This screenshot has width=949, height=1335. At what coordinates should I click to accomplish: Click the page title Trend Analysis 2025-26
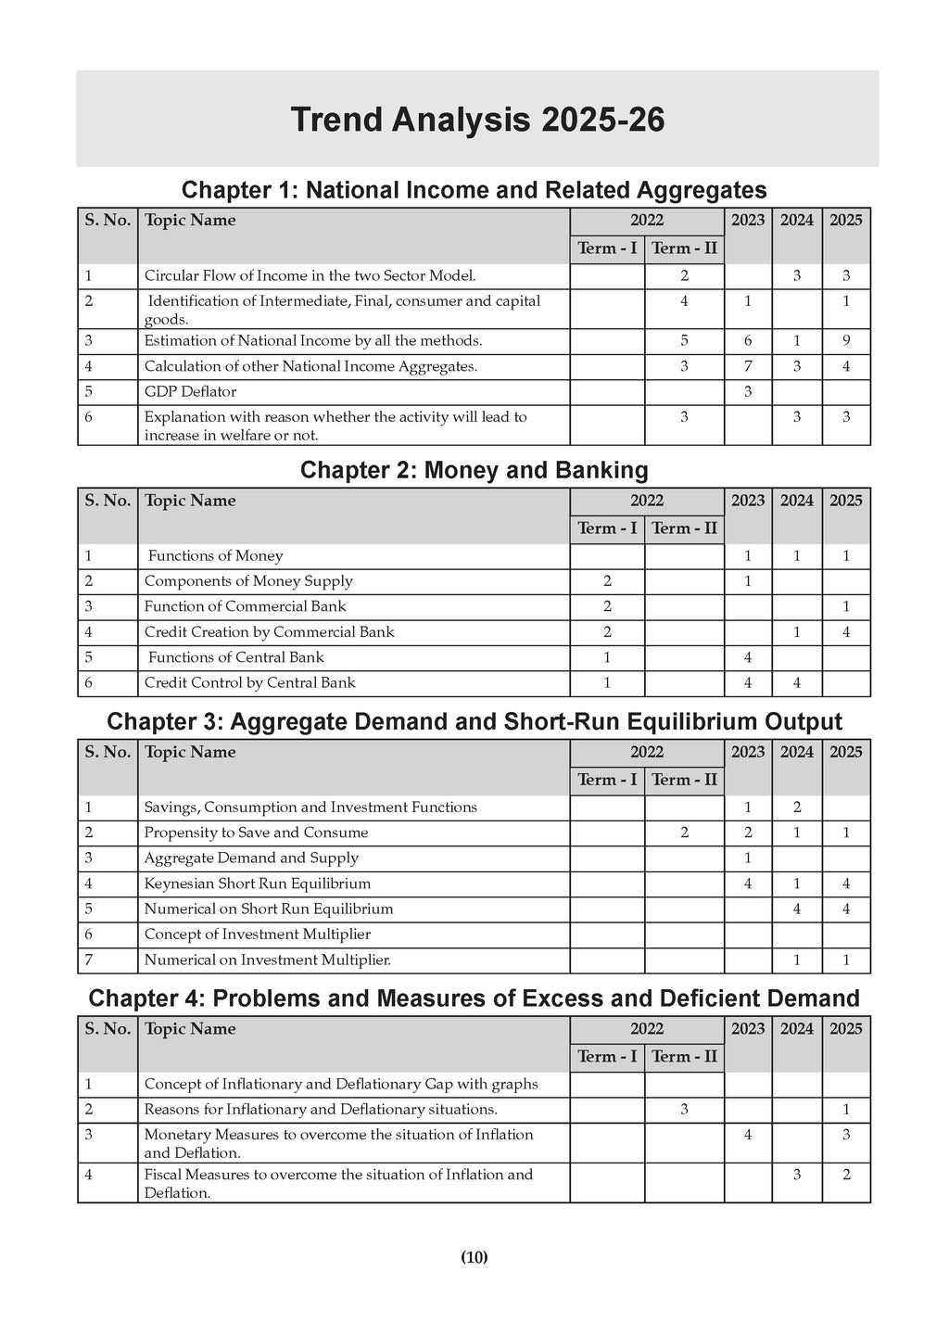477,120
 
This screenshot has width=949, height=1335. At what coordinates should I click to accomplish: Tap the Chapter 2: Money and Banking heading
474,470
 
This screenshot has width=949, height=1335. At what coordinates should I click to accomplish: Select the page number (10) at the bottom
474,1257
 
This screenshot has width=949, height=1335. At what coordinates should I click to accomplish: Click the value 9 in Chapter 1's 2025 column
845,341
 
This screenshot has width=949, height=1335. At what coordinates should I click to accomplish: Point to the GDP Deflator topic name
190,392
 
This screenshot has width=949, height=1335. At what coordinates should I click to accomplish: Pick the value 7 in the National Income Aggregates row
748,366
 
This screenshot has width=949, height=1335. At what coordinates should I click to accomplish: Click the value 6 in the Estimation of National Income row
748,341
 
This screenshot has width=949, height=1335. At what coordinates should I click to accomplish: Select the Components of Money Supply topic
248,581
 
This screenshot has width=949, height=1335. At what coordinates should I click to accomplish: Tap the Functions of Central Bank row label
235,657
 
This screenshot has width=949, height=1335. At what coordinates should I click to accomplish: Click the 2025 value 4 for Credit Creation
845,632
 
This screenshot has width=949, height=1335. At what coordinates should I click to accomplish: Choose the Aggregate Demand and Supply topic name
251,858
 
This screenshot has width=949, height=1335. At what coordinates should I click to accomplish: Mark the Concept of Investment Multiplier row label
257,934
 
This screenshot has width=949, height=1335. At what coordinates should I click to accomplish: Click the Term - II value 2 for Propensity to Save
684,833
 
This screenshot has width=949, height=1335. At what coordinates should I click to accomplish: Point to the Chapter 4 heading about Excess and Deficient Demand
474,998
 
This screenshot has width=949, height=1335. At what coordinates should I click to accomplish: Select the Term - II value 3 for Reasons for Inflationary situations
684,1110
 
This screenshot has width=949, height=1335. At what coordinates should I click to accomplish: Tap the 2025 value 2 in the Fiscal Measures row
845,1175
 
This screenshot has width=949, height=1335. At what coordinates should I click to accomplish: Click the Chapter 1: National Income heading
474,190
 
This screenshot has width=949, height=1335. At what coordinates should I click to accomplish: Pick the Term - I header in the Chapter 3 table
607,780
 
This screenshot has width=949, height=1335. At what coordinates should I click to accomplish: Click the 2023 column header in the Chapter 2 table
748,501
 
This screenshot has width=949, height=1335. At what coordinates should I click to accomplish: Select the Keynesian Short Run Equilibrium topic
257,884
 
